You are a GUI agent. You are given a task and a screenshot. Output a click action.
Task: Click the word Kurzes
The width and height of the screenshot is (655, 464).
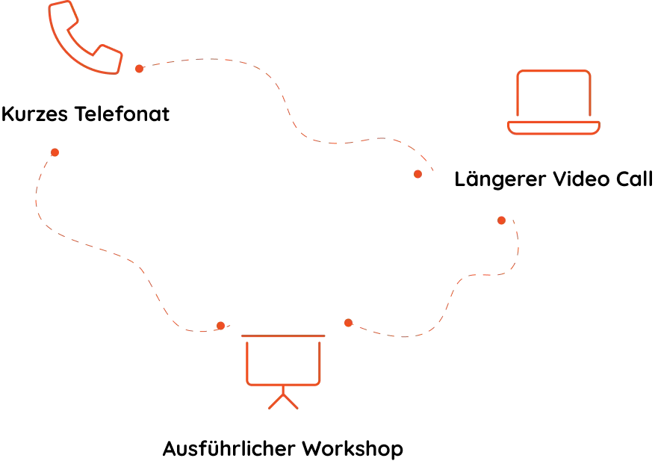click(34, 114)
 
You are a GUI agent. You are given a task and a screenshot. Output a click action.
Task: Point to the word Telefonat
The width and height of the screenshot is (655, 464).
click(122, 114)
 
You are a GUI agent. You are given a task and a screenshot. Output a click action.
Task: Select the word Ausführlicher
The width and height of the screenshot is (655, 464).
click(229, 448)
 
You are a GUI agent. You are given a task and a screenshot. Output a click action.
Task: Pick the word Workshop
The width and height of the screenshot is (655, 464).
click(353, 449)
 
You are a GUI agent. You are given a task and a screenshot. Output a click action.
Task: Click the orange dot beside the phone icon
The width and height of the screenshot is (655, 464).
click(139, 69)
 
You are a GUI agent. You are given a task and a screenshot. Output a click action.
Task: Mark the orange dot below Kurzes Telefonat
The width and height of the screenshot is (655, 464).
click(55, 152)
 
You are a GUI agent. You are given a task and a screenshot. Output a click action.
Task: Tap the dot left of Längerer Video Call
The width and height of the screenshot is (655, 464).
click(417, 174)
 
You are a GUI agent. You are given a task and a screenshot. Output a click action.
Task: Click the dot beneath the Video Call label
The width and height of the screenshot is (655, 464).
click(501, 220)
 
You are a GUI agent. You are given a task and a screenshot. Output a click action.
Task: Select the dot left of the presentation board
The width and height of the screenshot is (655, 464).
click(220, 326)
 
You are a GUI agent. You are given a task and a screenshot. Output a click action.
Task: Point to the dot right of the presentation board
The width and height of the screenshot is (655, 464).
click(348, 323)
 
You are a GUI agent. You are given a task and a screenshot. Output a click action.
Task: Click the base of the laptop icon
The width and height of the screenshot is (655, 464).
click(553, 128)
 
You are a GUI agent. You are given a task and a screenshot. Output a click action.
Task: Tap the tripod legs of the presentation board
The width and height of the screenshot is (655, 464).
click(283, 401)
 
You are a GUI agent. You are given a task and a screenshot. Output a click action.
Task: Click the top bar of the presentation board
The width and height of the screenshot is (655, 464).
click(283, 335)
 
